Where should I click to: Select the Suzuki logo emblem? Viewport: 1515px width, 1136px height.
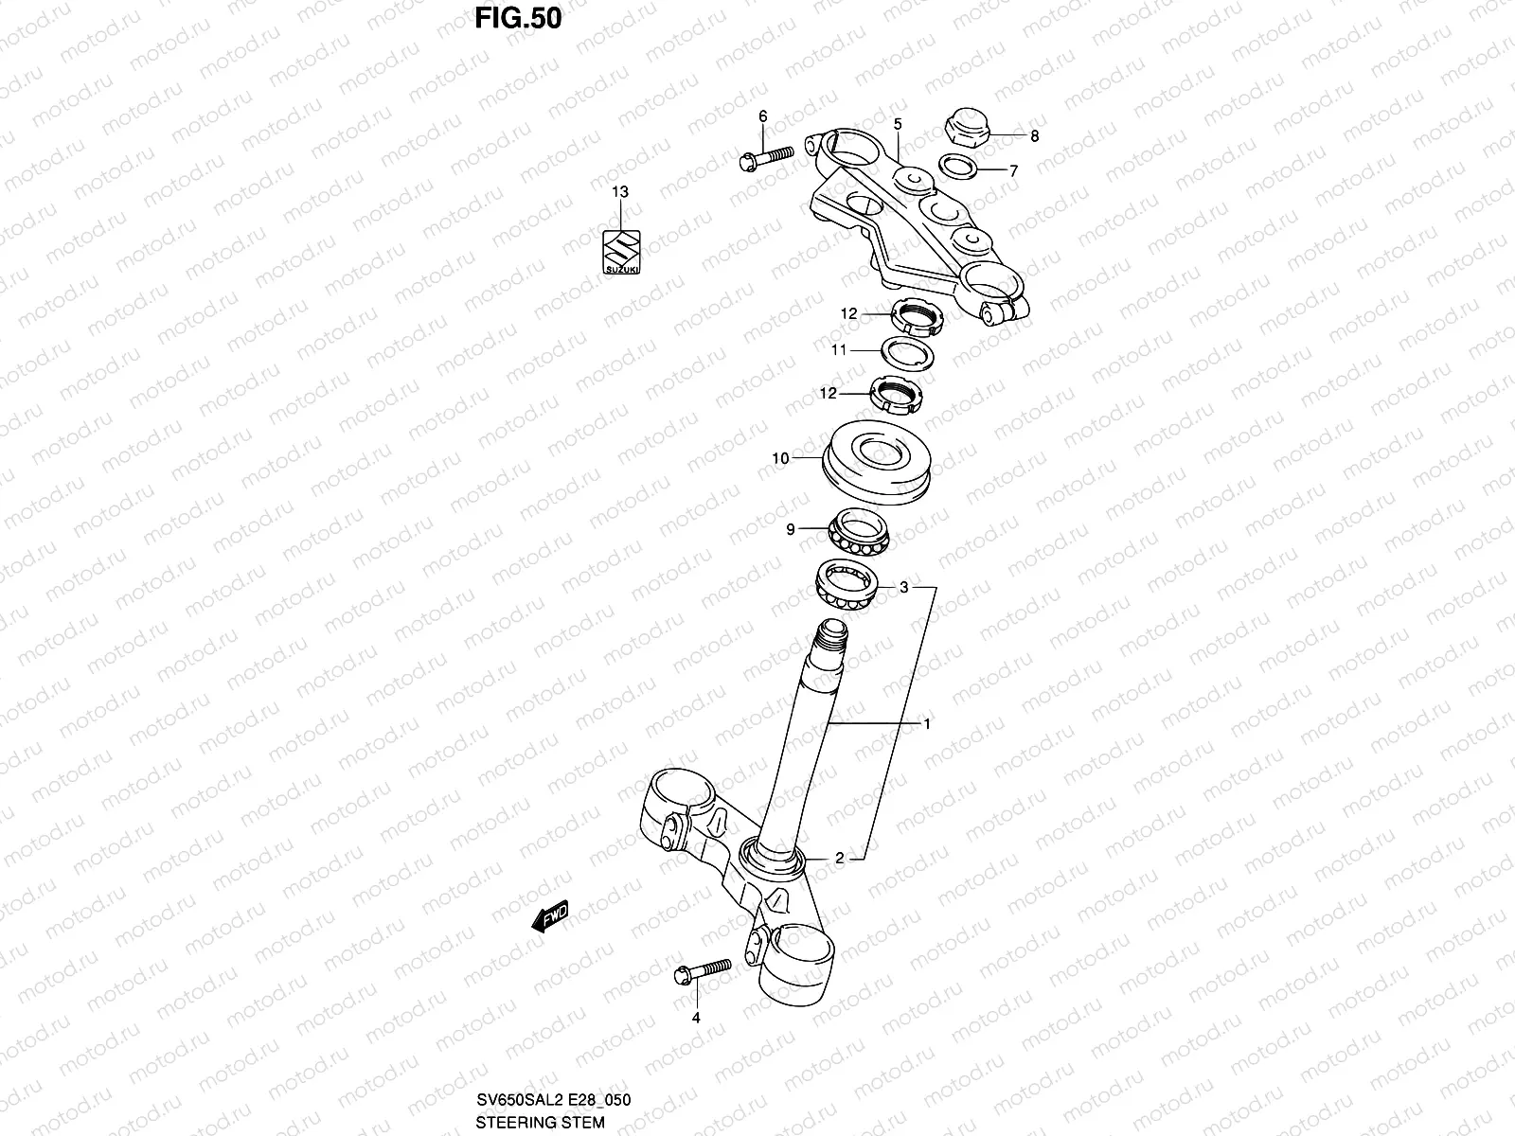coord(622,253)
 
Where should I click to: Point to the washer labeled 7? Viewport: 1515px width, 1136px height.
coord(958,167)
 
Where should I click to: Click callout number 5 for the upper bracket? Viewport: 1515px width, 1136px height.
coord(897,124)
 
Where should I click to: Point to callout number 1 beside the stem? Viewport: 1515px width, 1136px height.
coord(927,724)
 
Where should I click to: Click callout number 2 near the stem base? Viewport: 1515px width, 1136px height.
coord(839,859)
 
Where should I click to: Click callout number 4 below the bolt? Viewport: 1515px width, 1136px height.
coord(696,1019)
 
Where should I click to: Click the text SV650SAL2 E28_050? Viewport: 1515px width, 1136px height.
coord(552,1100)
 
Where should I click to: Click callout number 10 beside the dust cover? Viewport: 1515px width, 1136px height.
coord(780,458)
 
